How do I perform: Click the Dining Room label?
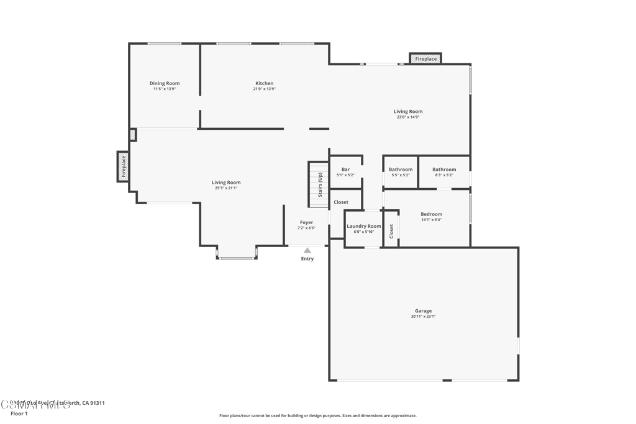tap(165, 83)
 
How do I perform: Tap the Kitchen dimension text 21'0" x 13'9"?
tap(264, 89)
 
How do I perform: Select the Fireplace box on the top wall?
tap(425, 59)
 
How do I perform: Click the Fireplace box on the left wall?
tap(123, 166)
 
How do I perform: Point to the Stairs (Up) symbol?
tap(319, 184)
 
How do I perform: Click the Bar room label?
tap(345, 169)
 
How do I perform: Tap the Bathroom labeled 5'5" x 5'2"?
tap(401, 169)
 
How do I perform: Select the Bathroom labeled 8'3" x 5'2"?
tap(444, 169)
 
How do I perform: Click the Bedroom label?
tap(431, 214)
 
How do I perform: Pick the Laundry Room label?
tap(364, 226)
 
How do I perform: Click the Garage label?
tap(423, 311)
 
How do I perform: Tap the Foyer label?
tap(306, 222)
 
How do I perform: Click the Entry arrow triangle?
tap(307, 250)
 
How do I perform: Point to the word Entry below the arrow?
tap(307, 259)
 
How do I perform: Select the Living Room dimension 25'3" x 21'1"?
tap(225, 188)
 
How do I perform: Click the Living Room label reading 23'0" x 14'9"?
tap(408, 112)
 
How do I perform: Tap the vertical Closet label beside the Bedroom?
tap(391, 231)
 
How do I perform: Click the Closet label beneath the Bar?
tap(341, 202)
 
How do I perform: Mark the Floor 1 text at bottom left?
tap(19, 413)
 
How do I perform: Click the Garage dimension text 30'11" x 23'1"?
tap(423, 317)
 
